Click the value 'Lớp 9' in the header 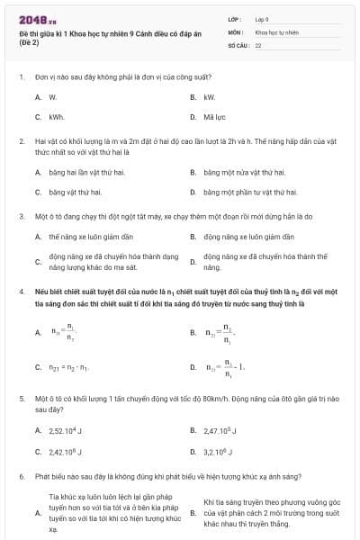click(262, 19)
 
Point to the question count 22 click(258, 44)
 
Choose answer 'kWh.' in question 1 click(57, 117)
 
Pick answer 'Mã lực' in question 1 click(214, 117)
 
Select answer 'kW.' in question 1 click(210, 96)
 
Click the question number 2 click(21, 142)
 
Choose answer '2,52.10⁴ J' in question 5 click(66, 430)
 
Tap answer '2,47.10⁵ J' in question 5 click(222, 430)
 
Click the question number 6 click(21, 475)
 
